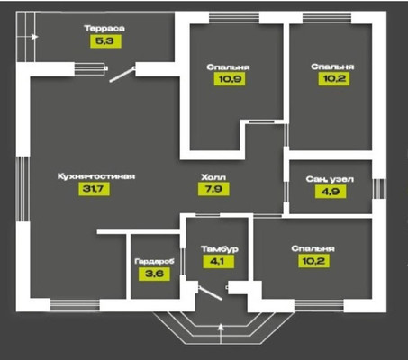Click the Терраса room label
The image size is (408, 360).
click(x=104, y=29)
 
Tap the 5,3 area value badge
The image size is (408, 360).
click(x=105, y=41)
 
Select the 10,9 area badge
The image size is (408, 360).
click(x=230, y=79)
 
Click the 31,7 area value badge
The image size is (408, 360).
click(x=95, y=189)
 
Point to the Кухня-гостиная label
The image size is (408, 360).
click(x=96, y=176)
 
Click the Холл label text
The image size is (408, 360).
click(x=213, y=177)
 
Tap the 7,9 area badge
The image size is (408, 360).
click(x=213, y=189)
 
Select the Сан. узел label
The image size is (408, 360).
click(x=330, y=179)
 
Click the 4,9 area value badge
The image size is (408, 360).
click(x=331, y=192)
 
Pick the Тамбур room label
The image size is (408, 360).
click(x=220, y=249)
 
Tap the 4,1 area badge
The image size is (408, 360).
click(x=218, y=261)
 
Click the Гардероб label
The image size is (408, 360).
click(x=154, y=261)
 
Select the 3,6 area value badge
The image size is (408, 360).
click(x=154, y=274)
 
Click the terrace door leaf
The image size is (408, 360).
click(x=122, y=75)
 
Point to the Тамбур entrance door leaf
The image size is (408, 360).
click(x=210, y=293)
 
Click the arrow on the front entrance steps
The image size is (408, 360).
click(x=221, y=333)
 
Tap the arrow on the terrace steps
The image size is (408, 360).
click(x=27, y=37)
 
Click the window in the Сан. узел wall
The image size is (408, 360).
click(x=379, y=189)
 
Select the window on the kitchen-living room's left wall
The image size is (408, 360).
click(x=23, y=189)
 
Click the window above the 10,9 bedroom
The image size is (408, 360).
click(x=234, y=17)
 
